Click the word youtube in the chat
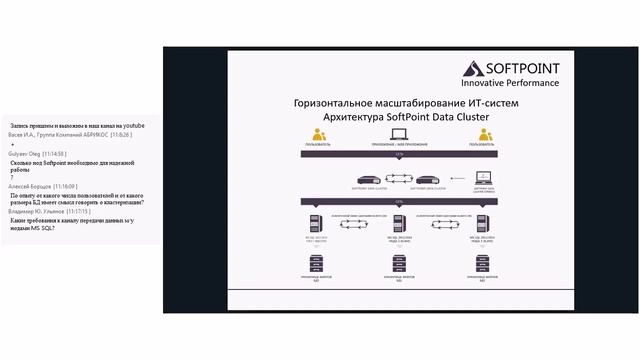click(131, 125)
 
